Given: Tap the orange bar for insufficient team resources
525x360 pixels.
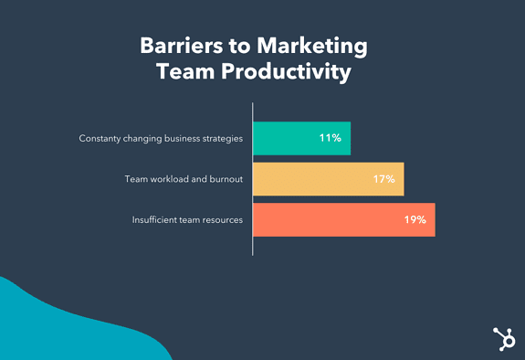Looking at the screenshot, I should [329, 219].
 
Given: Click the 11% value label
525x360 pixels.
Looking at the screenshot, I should [330, 139].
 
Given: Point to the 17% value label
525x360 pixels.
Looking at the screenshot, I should [383, 179].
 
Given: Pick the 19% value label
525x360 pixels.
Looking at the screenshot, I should [415, 220].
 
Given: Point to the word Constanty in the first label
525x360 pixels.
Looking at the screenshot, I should [102, 139].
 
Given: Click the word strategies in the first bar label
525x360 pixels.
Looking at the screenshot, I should [222, 139].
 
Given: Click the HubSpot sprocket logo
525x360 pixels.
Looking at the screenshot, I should [501, 337].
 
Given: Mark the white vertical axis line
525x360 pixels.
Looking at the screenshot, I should [252, 183].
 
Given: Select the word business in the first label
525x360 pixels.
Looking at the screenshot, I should [173, 139].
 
